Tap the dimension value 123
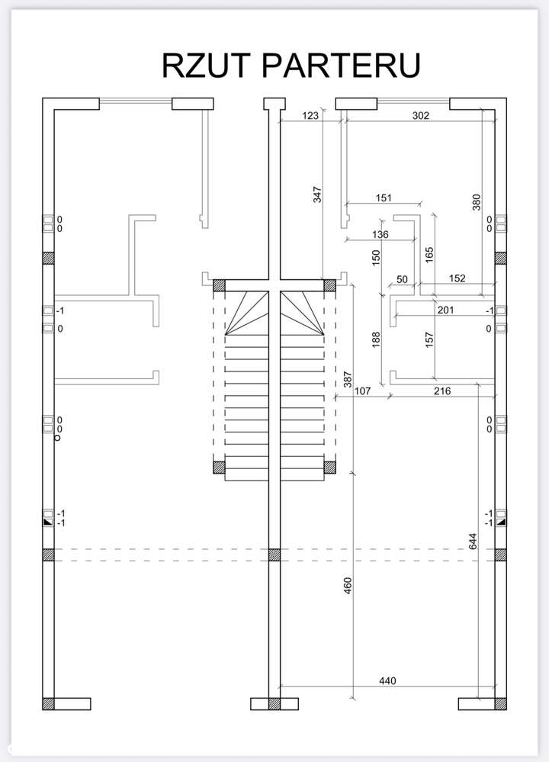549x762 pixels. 310,115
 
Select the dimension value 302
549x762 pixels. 421,115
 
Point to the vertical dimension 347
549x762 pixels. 317,195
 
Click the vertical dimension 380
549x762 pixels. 476,202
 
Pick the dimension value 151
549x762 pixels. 384,198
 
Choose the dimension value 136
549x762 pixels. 380,234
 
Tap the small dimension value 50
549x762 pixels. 403,279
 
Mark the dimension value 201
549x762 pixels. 445,310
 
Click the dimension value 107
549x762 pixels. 362,391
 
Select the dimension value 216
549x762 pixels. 442,391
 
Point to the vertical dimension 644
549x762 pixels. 473,542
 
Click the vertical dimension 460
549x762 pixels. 348,586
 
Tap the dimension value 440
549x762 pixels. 387,681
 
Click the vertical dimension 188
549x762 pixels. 376,339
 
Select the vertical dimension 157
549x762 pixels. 429,339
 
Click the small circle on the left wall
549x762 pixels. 57,438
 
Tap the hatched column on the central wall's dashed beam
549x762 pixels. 274,555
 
